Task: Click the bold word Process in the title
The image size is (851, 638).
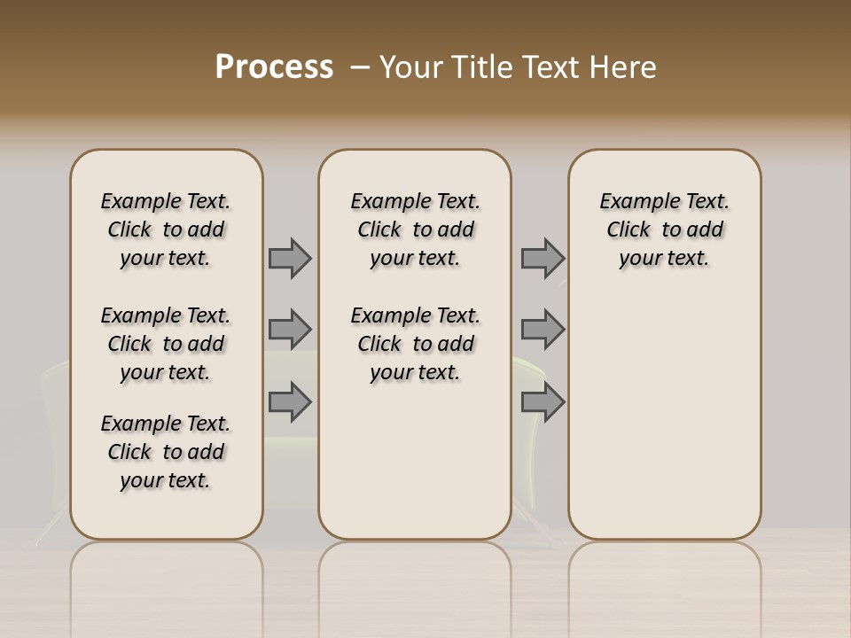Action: [274, 67]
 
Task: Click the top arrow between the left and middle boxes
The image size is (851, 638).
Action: [290, 258]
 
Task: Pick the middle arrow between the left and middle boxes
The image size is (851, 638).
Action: [290, 330]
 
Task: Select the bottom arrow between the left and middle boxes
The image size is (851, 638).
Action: [290, 402]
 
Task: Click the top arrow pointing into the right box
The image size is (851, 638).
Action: [543, 258]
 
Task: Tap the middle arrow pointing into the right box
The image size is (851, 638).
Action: [543, 330]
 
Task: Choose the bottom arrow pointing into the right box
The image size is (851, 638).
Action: [543, 402]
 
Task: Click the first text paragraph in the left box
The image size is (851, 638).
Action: [166, 230]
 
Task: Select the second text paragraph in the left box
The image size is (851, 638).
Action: [166, 344]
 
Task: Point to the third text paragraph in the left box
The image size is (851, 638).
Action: [166, 452]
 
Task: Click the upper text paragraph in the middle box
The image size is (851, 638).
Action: [415, 230]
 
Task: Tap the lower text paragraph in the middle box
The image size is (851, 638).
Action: [415, 344]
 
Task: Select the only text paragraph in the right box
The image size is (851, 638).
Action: [664, 230]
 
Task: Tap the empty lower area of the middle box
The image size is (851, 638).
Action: [415, 461]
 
